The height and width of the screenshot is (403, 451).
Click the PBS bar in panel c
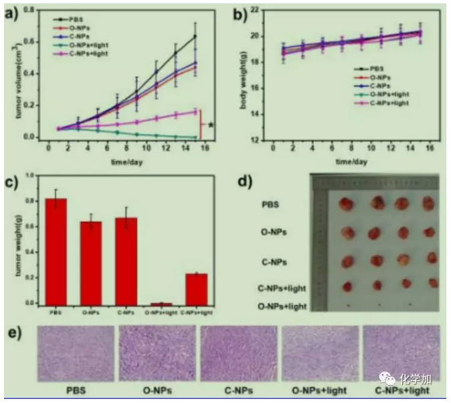tap(56, 251)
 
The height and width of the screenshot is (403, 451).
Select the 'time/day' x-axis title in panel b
tap(352, 161)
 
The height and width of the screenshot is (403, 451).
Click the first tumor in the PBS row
tap(347, 204)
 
